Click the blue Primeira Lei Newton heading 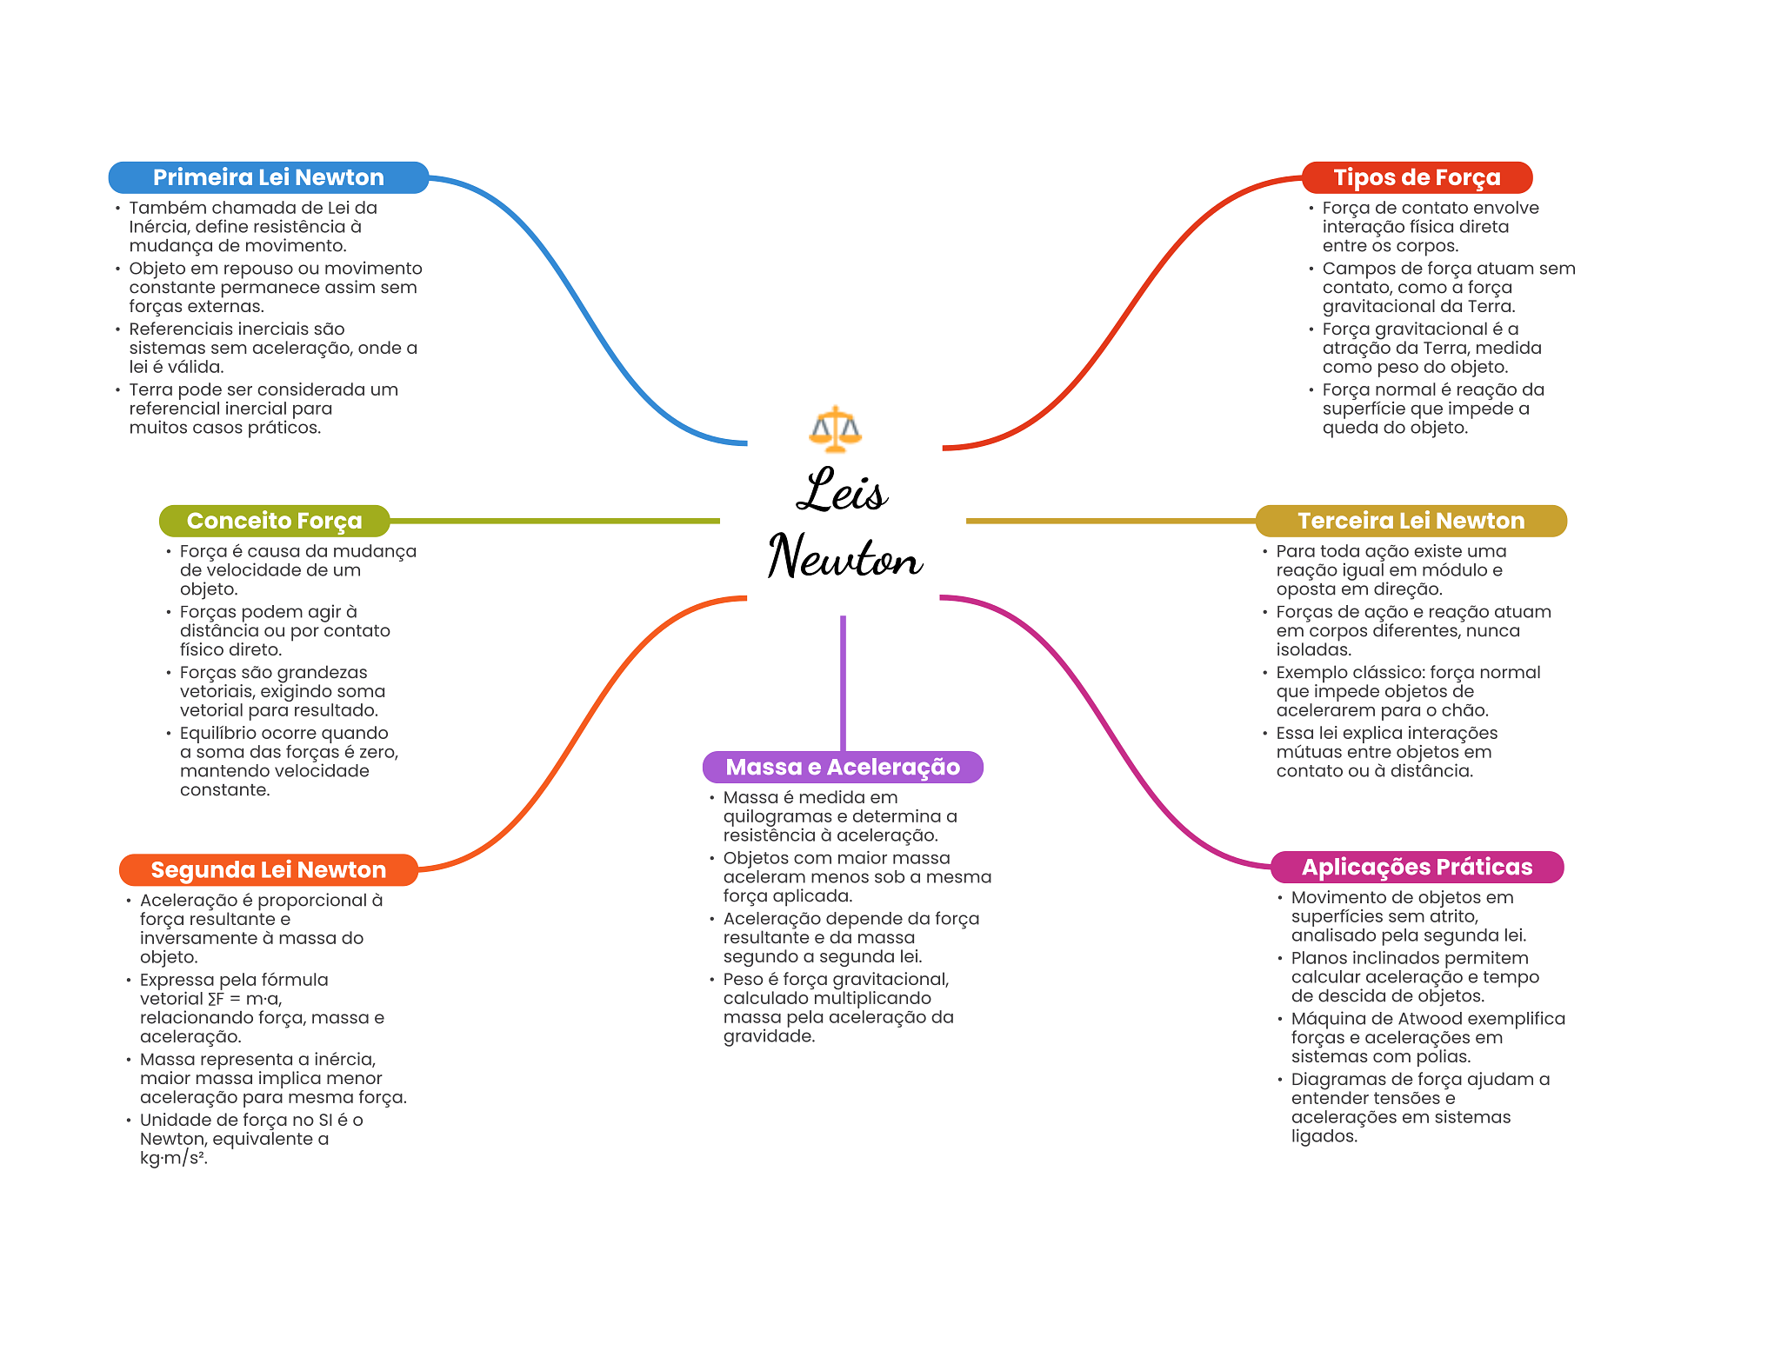click(x=268, y=177)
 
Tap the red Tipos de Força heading click(x=1417, y=177)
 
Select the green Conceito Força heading click(x=274, y=521)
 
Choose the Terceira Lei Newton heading click(x=1411, y=521)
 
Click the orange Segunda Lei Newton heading click(x=268, y=870)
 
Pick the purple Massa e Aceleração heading click(x=843, y=767)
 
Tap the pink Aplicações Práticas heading click(x=1417, y=867)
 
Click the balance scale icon click(x=835, y=429)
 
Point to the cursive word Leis click(x=842, y=489)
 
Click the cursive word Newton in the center click(x=844, y=556)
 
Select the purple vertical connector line click(x=843, y=683)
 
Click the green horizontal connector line click(x=555, y=521)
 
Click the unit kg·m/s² click(x=174, y=1158)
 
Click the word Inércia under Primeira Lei click(x=159, y=227)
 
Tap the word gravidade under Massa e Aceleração click(x=769, y=1036)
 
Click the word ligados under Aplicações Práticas click(x=1324, y=1136)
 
